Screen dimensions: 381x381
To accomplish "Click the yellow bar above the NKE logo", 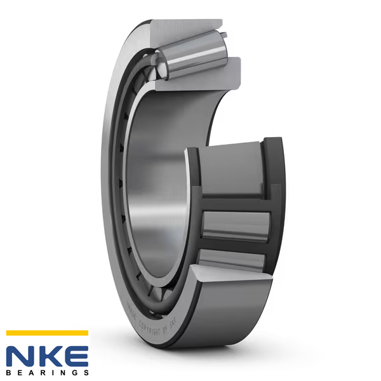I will coord(47,332).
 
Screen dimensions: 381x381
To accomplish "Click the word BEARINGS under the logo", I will coord(47,371).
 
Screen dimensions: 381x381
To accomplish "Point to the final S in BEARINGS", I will coord(85,371).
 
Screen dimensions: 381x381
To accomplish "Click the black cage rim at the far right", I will coord(274,190).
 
